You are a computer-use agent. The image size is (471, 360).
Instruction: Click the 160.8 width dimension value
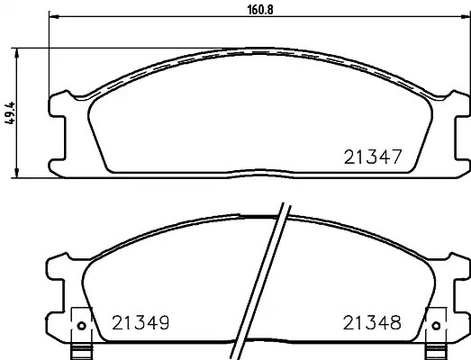pos(260,10)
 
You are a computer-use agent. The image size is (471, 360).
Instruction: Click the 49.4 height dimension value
pos(10,112)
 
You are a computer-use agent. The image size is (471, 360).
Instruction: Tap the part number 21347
pos(373,157)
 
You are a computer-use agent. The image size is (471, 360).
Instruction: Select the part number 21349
pos(140,323)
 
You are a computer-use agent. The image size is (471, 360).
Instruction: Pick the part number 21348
pos(372,323)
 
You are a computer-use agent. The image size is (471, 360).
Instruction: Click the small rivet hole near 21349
pos(82,326)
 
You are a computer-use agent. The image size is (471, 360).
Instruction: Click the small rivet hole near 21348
pos(436,326)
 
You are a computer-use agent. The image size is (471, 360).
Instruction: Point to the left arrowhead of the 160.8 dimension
pos(53,16)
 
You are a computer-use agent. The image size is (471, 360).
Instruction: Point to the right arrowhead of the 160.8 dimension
pos(466,16)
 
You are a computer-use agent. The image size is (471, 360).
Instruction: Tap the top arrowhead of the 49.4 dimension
pos(17,52)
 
